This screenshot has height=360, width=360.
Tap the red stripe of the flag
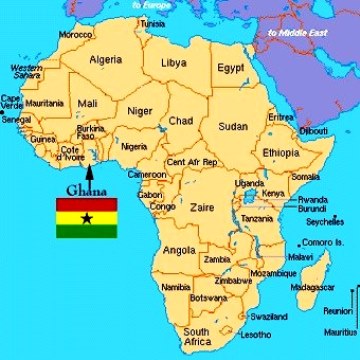point(86,204)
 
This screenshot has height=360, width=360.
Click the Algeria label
point(106,59)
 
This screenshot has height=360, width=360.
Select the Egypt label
point(231,68)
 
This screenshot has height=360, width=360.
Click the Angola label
point(179,249)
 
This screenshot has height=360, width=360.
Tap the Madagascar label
point(312,287)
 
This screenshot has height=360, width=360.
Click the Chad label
point(182,121)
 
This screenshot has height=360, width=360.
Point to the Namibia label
point(175,287)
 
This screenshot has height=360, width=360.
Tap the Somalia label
point(305,176)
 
